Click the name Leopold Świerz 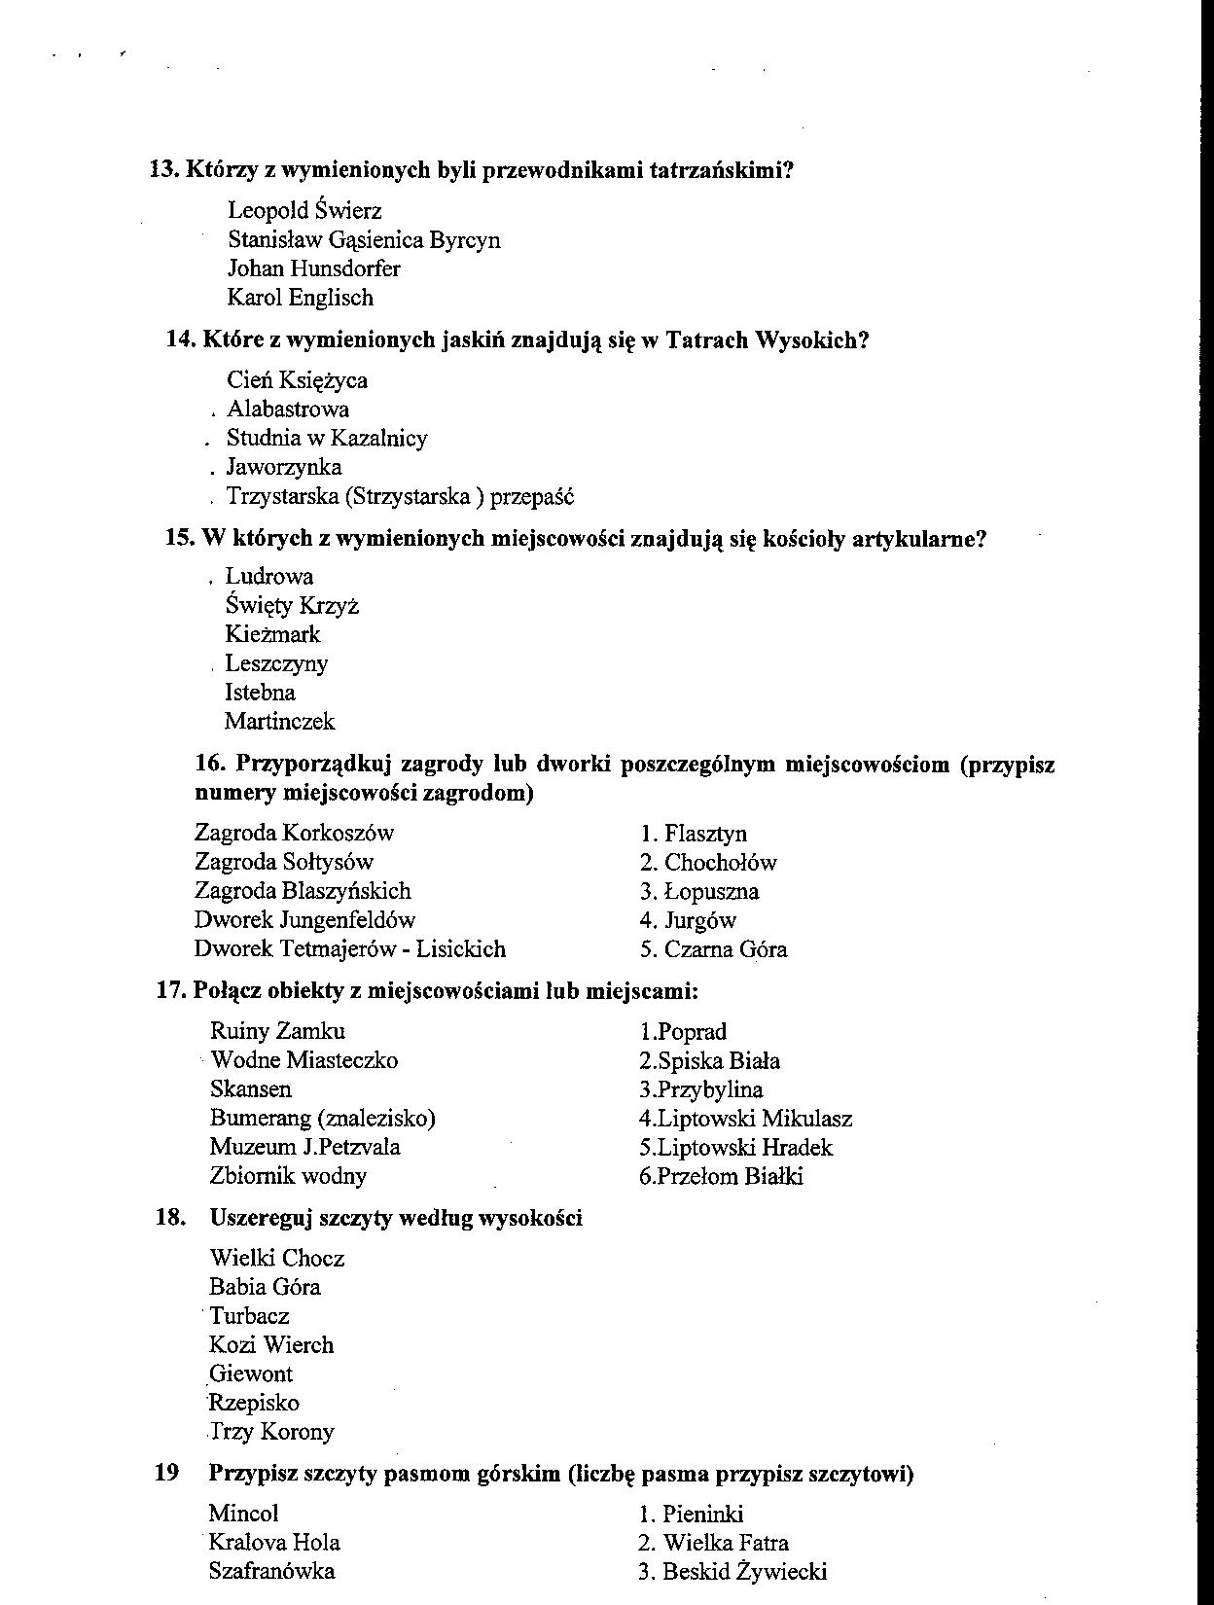tap(304, 210)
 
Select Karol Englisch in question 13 tap(300, 298)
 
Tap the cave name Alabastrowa tap(288, 410)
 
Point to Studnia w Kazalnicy tap(327, 439)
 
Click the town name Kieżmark tap(272, 635)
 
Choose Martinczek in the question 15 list tap(279, 722)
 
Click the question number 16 tap(211, 765)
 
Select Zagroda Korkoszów tap(294, 833)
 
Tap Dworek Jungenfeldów tap(304, 920)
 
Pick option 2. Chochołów tap(708, 863)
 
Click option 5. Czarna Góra tap(713, 949)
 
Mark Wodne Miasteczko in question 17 tap(303, 1060)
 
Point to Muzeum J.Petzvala tap(304, 1147)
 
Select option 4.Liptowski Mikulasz tap(745, 1119)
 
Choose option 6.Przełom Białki tap(721, 1176)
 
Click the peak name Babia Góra tap(265, 1287)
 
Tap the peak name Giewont tap(251, 1374)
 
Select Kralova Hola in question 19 tap(274, 1543)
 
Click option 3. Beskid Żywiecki tap(732, 1571)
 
